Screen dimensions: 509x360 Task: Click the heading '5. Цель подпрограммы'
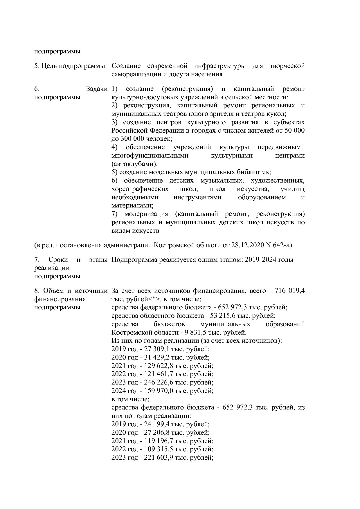click(x=69, y=66)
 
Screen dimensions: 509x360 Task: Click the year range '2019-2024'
click(x=260, y=259)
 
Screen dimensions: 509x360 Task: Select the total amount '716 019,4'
click(x=287, y=290)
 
